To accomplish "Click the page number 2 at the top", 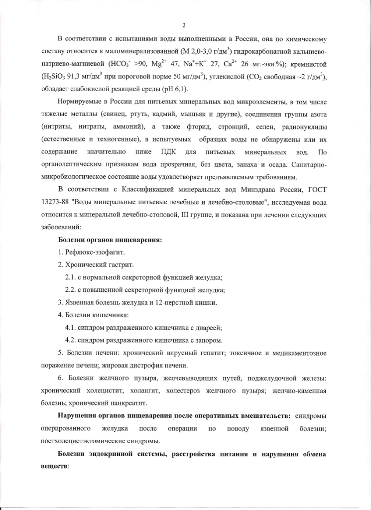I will (x=184, y=25).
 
